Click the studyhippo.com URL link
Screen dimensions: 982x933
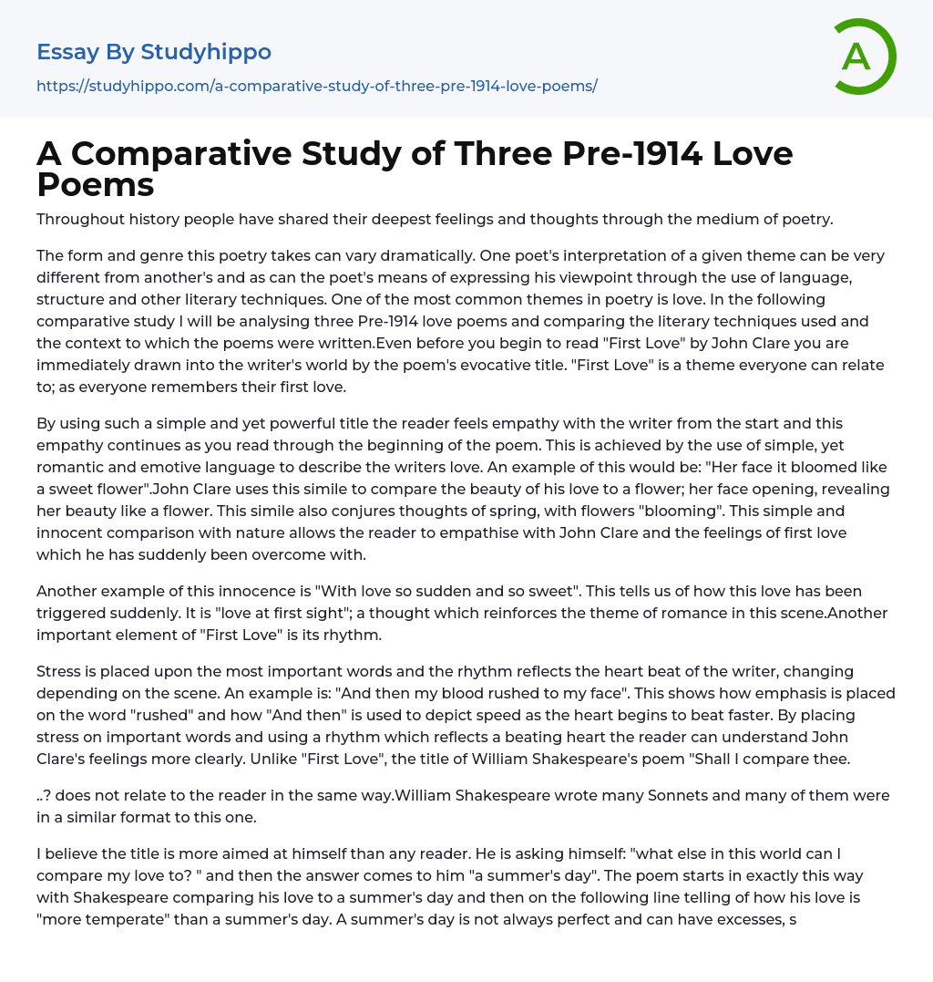pos(316,86)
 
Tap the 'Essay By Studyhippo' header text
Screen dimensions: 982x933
pos(154,52)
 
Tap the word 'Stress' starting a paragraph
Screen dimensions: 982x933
pos(59,671)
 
